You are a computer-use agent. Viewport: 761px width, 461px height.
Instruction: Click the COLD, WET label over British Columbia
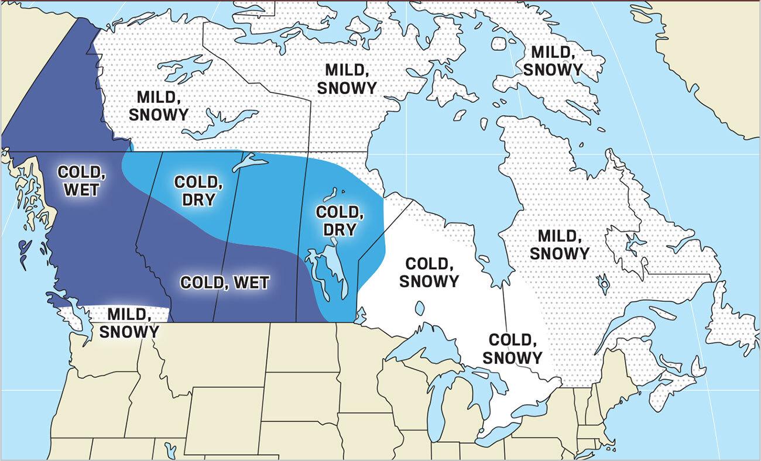81,181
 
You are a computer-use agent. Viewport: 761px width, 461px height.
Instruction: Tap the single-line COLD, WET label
225,283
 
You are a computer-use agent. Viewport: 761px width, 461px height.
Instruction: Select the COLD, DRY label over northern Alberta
198,191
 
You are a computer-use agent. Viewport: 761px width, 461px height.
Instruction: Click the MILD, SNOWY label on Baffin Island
553,61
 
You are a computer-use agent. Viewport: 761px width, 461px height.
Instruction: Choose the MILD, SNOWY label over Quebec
563,245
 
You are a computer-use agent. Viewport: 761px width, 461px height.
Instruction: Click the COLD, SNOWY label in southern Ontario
515,348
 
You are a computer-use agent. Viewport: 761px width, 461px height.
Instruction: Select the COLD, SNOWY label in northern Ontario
429,272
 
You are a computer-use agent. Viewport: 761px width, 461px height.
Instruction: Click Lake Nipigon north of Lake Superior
419,308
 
